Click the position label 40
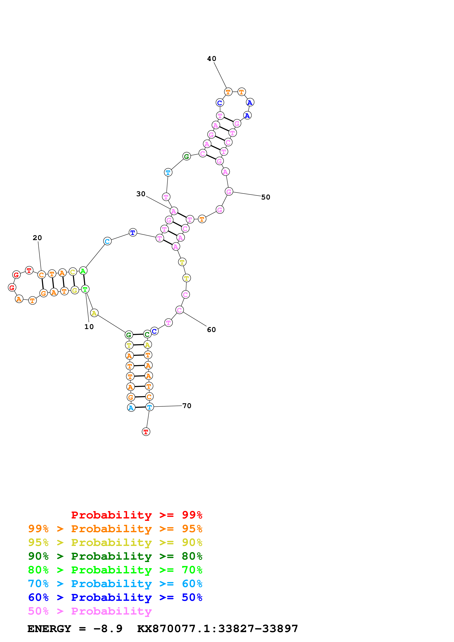click(x=212, y=59)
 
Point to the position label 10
click(x=89, y=327)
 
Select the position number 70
click(x=187, y=406)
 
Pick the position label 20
click(x=37, y=238)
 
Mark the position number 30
click(x=141, y=194)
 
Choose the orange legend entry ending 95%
click(x=115, y=529)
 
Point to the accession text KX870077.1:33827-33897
click(x=217, y=629)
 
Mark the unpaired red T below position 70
click(x=146, y=432)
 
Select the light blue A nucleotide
click(x=131, y=408)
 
